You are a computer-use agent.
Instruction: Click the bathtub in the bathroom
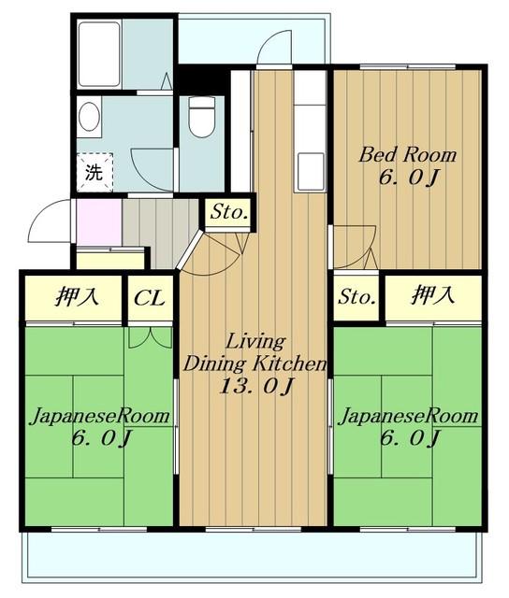click(100, 54)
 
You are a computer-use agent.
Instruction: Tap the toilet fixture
click(201, 117)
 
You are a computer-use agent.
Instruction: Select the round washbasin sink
click(89, 117)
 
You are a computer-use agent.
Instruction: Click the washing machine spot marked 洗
click(95, 172)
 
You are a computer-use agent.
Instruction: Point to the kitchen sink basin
click(311, 171)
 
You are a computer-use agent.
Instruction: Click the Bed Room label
click(408, 155)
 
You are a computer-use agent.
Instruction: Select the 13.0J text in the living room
click(256, 387)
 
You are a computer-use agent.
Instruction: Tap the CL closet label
click(150, 298)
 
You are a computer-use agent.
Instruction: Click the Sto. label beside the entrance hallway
click(228, 212)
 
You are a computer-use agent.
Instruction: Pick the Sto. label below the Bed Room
click(356, 297)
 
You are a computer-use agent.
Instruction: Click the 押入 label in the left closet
click(77, 297)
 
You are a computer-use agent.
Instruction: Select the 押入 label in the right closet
click(432, 295)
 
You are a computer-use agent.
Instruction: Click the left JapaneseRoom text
click(100, 416)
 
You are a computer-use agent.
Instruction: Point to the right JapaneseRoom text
click(408, 416)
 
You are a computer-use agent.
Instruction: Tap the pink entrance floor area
click(99, 222)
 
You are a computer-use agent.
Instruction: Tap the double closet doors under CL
click(150, 337)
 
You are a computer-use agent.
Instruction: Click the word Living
click(255, 342)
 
